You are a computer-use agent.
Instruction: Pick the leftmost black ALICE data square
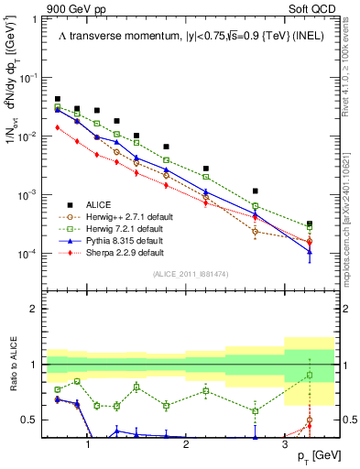click(58, 99)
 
